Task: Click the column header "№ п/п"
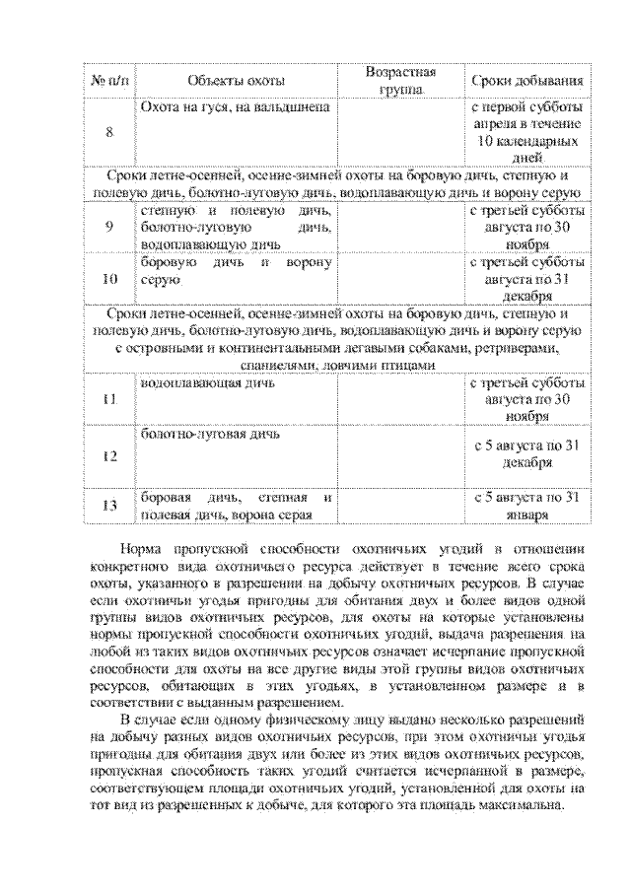tap(108, 80)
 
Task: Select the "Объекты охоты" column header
tap(236, 80)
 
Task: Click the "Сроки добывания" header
tap(524, 80)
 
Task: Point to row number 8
tap(108, 131)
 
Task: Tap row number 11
tap(108, 399)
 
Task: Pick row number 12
tap(108, 455)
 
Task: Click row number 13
tap(108, 505)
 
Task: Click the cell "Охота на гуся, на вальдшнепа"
tap(234, 105)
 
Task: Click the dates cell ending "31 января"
tap(524, 505)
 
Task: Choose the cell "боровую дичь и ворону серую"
tap(236, 271)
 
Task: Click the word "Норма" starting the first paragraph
tap(143, 549)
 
